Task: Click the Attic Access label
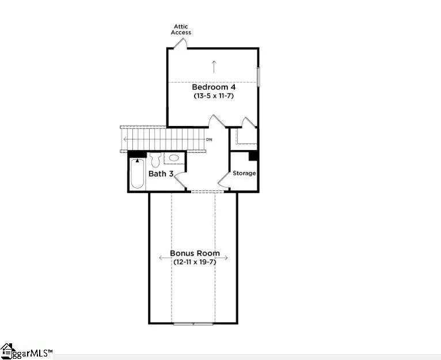181,29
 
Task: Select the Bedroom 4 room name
214,87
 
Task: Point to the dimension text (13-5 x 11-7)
213,96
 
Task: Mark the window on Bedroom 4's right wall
258,77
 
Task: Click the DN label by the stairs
209,140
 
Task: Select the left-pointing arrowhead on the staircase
125,140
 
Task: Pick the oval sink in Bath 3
174,158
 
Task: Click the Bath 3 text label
161,174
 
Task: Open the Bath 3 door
179,180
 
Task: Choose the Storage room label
244,173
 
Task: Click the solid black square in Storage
253,156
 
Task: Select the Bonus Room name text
194,253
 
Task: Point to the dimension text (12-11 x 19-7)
194,262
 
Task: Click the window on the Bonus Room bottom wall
193,324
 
